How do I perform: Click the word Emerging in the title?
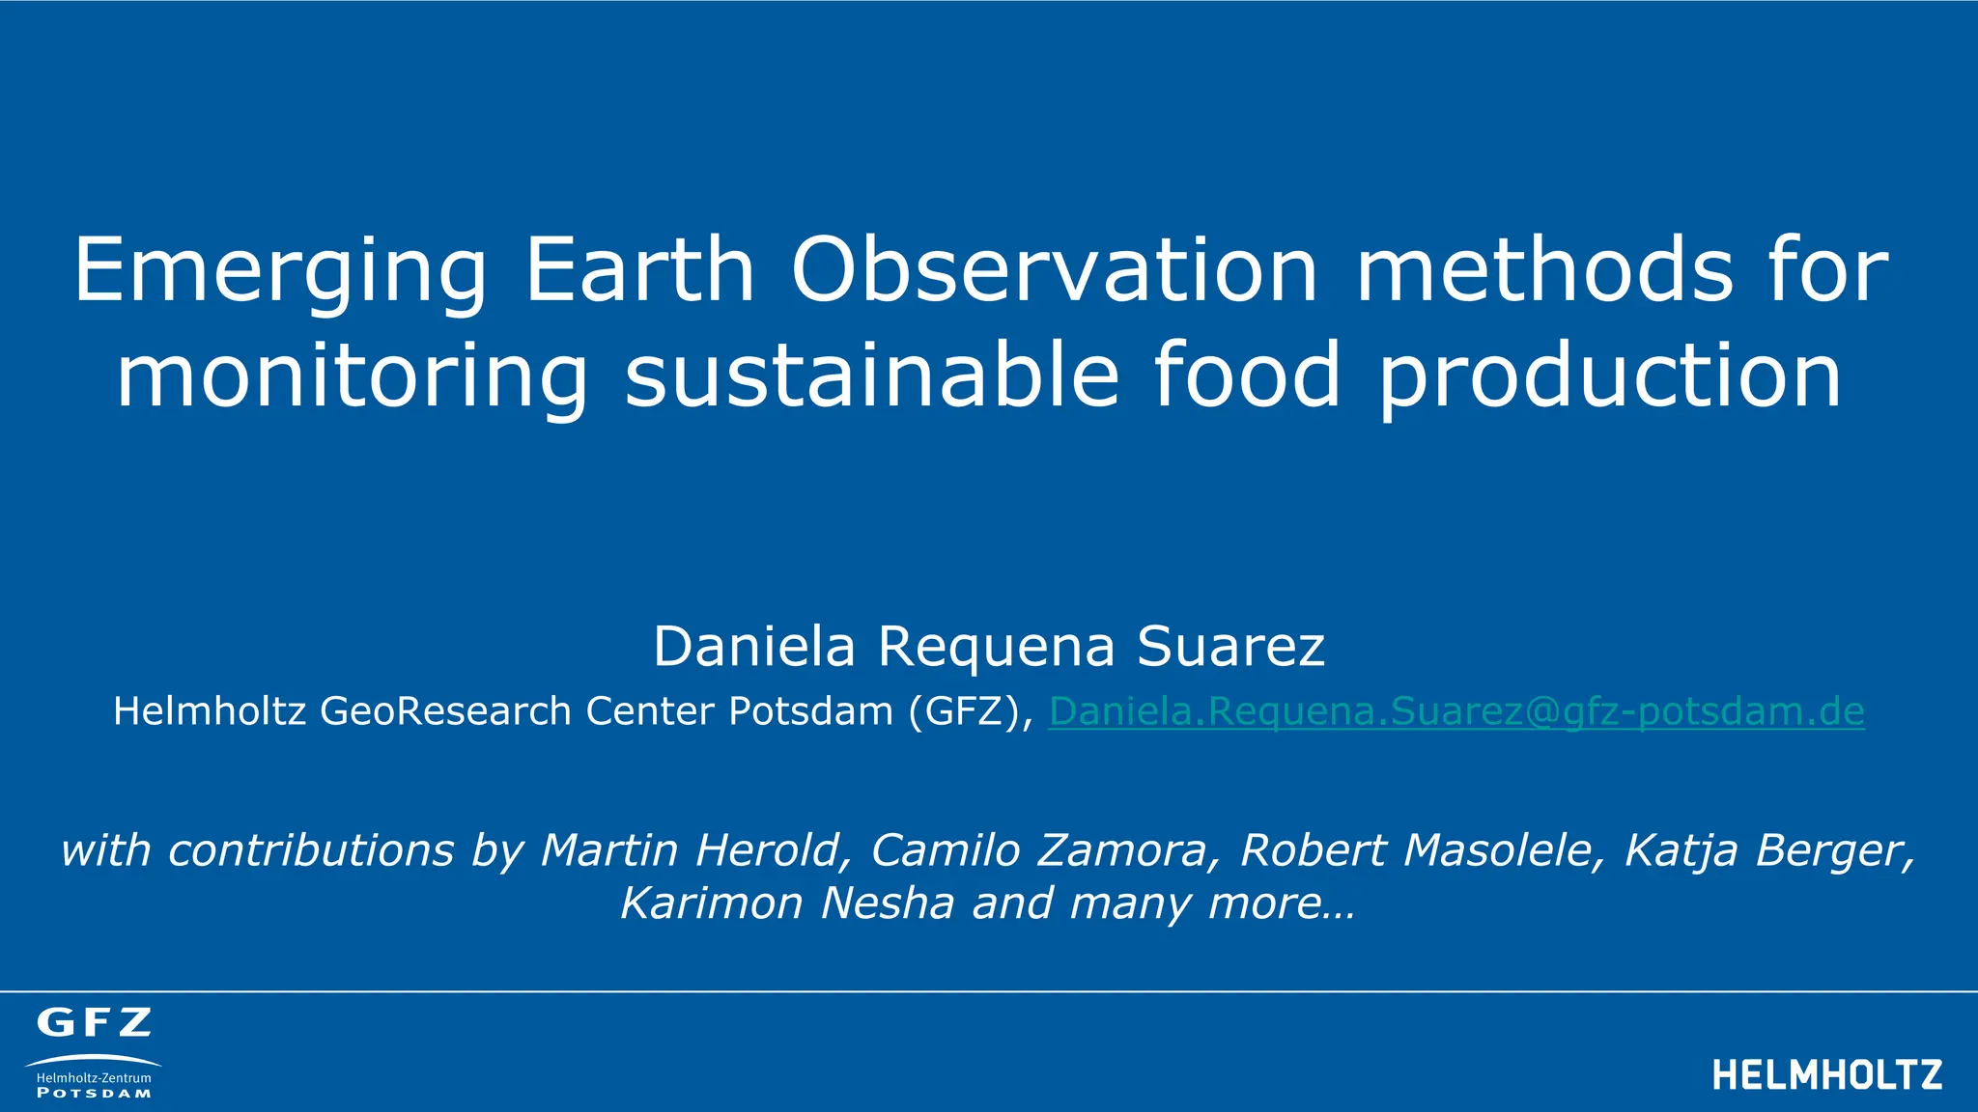[281, 272]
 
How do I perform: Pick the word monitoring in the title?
[352, 376]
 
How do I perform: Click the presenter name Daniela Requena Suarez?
[989, 646]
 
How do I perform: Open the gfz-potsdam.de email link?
[1455, 711]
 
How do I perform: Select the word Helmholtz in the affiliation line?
[211, 711]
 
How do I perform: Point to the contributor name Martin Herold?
[691, 850]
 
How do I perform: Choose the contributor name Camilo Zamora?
[1040, 850]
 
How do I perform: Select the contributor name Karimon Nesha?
[787, 903]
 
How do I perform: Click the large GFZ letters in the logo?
[94, 1022]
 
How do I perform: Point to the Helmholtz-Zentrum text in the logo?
[94, 1077]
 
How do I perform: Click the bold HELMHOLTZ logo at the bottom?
[1827, 1074]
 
